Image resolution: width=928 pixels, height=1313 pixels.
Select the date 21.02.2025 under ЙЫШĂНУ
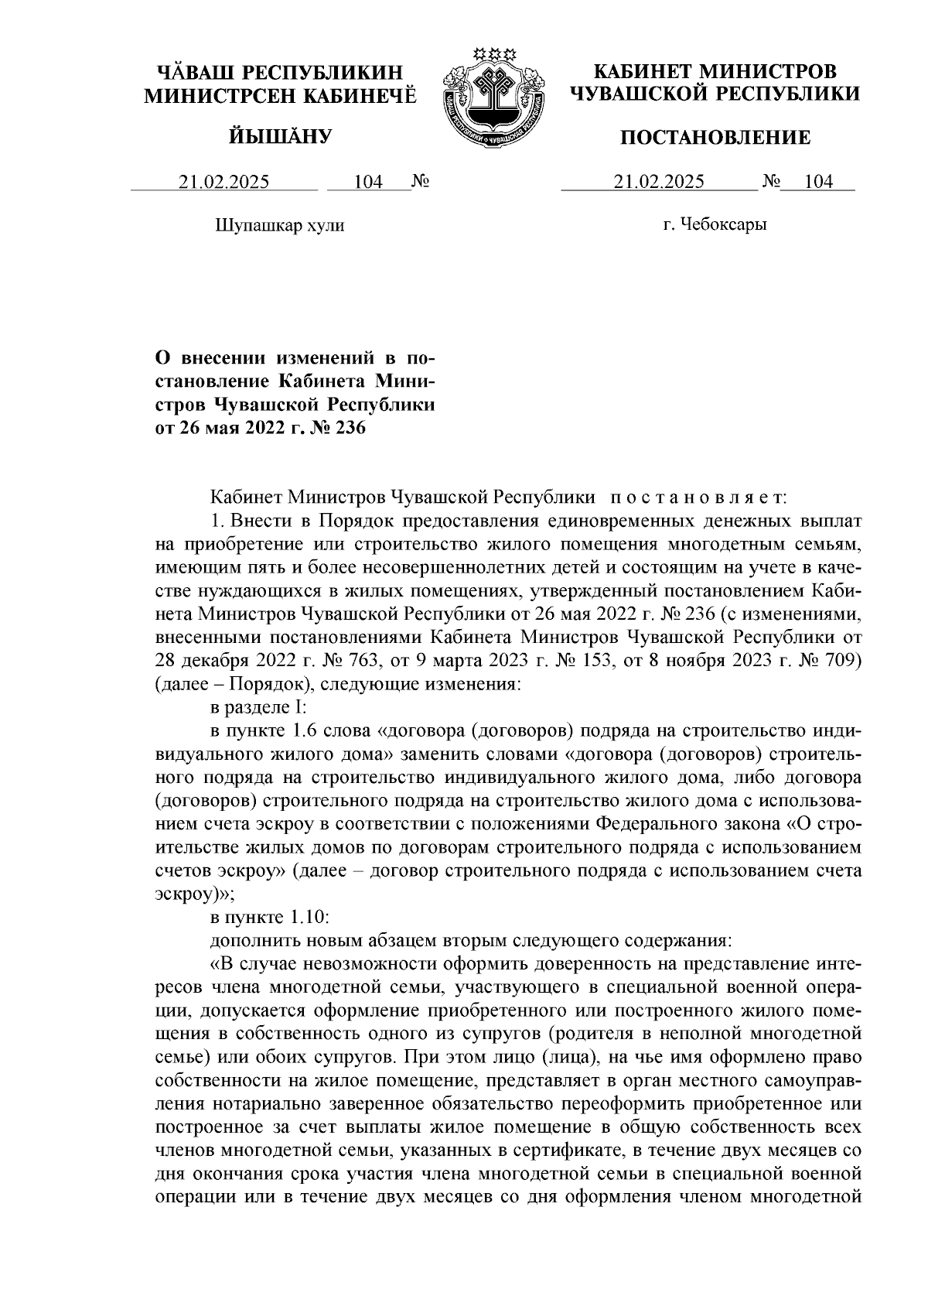pyautogui.click(x=224, y=183)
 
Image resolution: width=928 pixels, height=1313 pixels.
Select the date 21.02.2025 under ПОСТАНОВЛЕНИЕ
pyautogui.click(x=659, y=183)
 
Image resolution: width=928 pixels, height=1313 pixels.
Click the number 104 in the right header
pyautogui.click(x=818, y=183)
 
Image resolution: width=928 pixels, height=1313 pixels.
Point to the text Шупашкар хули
pyautogui.click(x=278, y=226)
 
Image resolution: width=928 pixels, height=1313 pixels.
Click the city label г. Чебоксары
pyautogui.click(x=715, y=226)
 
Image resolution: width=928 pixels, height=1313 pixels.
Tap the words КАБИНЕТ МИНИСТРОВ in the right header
pyautogui.click(x=715, y=73)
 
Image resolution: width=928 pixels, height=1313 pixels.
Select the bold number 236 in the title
pyautogui.click(x=346, y=426)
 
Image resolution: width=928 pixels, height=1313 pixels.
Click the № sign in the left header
pyautogui.click(x=420, y=183)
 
